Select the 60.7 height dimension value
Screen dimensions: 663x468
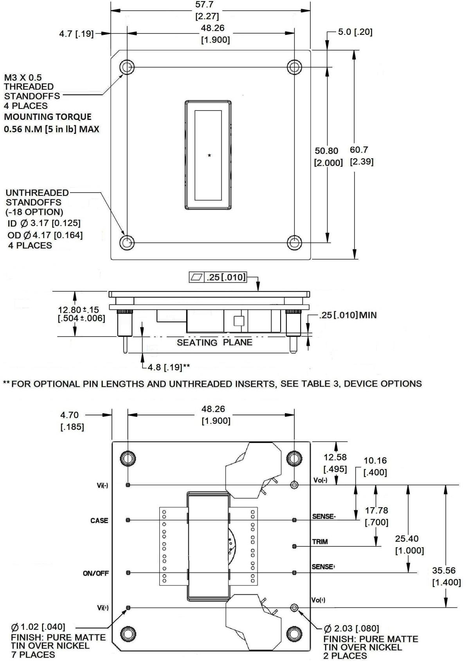(x=359, y=150)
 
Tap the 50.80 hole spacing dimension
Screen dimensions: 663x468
(x=326, y=151)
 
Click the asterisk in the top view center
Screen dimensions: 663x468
(x=209, y=156)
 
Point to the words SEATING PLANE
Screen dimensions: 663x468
(x=214, y=343)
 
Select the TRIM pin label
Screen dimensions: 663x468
(x=320, y=542)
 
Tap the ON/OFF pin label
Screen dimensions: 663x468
(x=96, y=573)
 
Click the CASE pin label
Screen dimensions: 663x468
(x=99, y=521)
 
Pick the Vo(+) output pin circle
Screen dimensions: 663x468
(x=294, y=608)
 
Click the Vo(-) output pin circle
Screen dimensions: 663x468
(x=294, y=485)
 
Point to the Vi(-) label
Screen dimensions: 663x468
(x=103, y=486)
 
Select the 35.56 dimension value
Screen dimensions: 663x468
(x=444, y=571)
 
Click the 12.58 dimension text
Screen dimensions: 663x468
(x=335, y=457)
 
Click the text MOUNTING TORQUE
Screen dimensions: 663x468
(x=48, y=117)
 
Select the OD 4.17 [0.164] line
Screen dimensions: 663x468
(x=45, y=235)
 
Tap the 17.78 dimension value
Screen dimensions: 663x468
(x=376, y=511)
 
